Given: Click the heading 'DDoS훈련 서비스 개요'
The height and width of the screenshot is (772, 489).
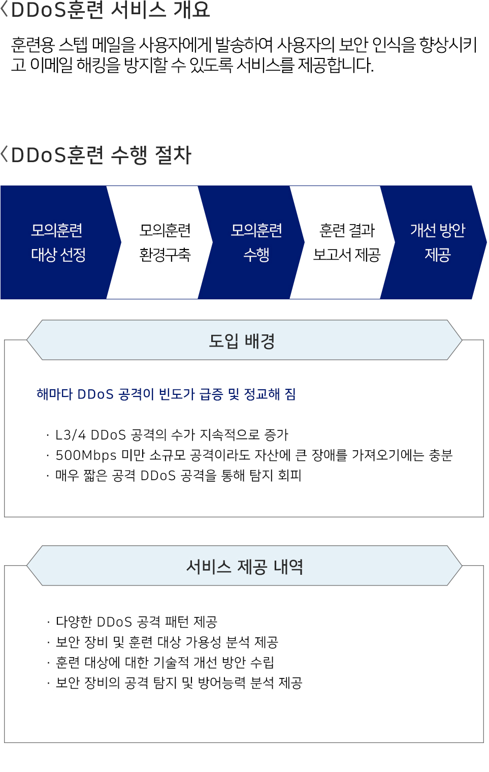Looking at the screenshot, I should pyautogui.click(x=110, y=10).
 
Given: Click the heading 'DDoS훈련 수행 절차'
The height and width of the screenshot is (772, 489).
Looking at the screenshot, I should pyautogui.click(x=101, y=155).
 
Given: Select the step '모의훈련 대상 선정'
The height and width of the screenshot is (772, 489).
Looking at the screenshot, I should pyautogui.click(x=58, y=242).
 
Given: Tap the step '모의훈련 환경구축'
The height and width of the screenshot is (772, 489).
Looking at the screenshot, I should pyautogui.click(x=165, y=242).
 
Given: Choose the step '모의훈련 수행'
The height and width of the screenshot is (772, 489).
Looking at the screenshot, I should pyautogui.click(x=256, y=242).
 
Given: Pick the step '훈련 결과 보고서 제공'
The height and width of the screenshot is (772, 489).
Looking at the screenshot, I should pyautogui.click(x=347, y=242).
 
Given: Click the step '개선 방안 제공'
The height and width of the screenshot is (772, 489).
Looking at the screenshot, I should pyautogui.click(x=437, y=242).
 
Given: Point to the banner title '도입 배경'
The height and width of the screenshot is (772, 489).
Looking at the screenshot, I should pyautogui.click(x=242, y=341).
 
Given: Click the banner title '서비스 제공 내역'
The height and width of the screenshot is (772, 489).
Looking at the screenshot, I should pyautogui.click(x=244, y=567).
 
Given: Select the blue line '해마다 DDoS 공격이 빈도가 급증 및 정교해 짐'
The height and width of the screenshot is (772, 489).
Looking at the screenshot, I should pyautogui.click(x=166, y=394).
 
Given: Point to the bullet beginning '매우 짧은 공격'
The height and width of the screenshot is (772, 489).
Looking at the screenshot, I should pyautogui.click(x=178, y=476).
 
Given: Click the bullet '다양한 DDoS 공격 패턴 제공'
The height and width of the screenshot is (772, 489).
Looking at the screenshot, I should pyautogui.click(x=136, y=622).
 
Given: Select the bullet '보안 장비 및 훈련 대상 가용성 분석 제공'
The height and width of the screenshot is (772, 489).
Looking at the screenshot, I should pyautogui.click(x=167, y=642).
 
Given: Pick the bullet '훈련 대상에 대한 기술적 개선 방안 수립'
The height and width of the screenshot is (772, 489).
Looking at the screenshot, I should pyautogui.click(x=165, y=663).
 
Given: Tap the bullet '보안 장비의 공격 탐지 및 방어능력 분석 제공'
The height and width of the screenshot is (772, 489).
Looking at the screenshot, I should pyautogui.click(x=179, y=683).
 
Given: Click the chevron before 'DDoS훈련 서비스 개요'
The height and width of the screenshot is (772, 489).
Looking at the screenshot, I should pyautogui.click(x=5, y=9).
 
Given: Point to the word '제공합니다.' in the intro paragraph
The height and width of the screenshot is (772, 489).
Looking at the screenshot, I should pyautogui.click(x=336, y=65).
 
